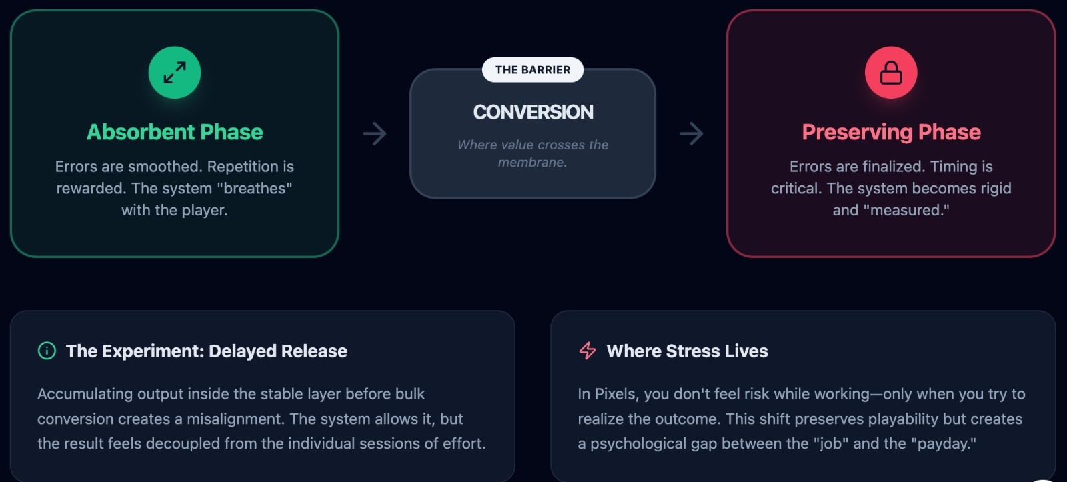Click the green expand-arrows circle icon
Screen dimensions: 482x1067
pos(175,73)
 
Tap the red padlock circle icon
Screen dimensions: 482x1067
pos(891,73)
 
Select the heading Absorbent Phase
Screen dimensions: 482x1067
pos(175,132)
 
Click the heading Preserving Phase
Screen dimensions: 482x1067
pos(891,132)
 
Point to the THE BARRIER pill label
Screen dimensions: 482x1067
pos(533,70)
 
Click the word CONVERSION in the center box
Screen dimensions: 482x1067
pos(533,112)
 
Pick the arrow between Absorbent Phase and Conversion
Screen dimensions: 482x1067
pos(375,133)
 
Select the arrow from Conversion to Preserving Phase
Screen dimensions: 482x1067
pos(692,133)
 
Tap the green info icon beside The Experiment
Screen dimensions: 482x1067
pos(47,351)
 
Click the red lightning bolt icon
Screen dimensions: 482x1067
pos(588,351)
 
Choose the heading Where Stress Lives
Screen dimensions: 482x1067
pos(687,351)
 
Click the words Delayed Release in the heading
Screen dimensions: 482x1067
pos(278,351)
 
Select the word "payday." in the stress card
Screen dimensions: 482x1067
pos(947,444)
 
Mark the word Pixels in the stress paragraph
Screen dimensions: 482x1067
pos(616,394)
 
